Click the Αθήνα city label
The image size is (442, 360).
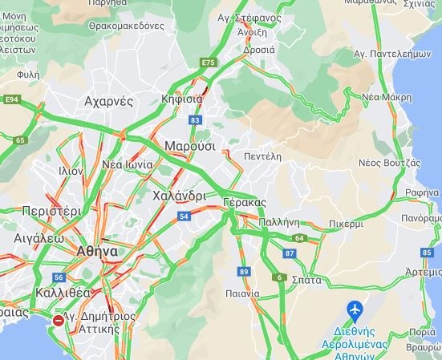[97, 251]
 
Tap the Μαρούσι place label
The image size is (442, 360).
[190, 147]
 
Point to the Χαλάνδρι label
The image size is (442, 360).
[178, 196]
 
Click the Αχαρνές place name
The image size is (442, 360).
[108, 101]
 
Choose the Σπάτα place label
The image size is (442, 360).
[307, 281]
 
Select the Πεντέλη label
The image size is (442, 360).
[263, 156]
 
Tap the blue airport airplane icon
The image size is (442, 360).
[355, 309]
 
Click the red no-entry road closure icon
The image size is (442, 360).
[59, 321]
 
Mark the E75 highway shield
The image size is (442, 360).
[209, 62]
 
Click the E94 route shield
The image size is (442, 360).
[11, 99]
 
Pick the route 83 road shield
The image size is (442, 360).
[195, 120]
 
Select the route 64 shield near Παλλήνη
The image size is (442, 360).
[299, 238]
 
